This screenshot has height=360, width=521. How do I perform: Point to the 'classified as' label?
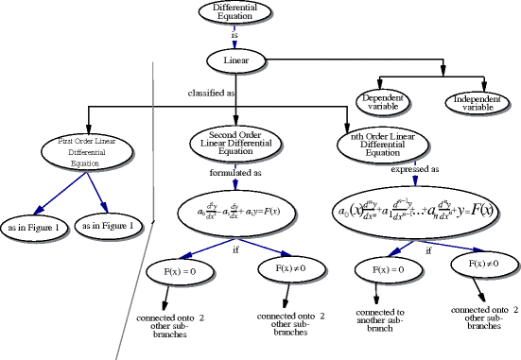211,95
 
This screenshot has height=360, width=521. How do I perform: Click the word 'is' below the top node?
234,35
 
